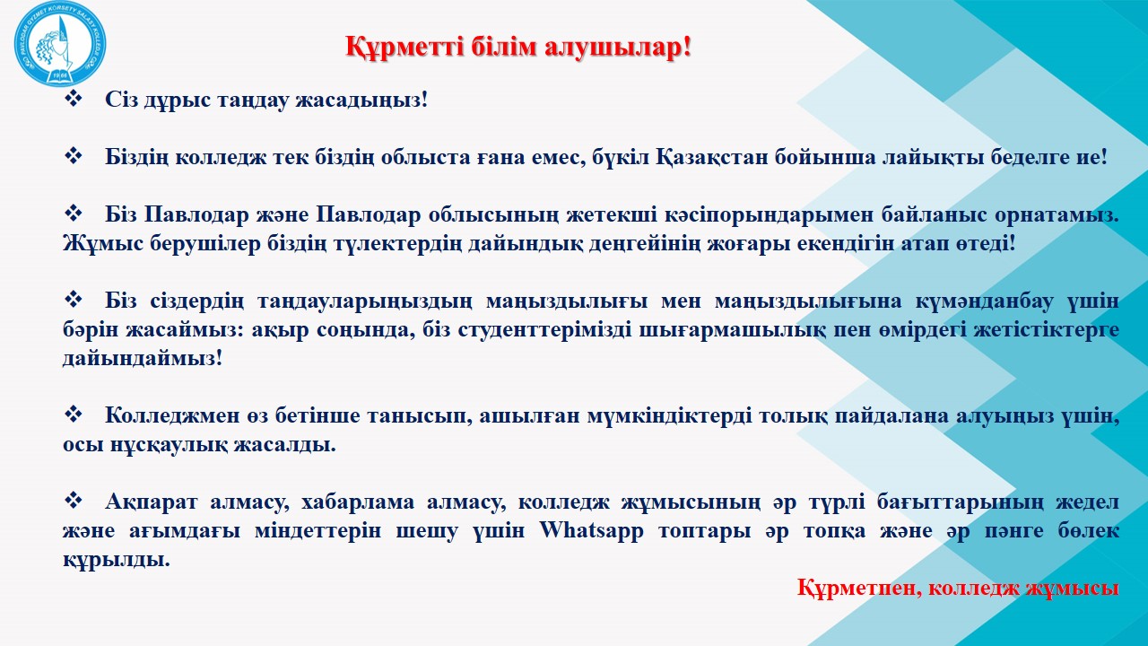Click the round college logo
(x=60, y=43)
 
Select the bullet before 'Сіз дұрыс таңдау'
(x=73, y=99)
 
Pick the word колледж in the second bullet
(x=221, y=157)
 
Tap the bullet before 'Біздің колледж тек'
(x=73, y=156)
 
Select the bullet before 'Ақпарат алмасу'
(x=73, y=501)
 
